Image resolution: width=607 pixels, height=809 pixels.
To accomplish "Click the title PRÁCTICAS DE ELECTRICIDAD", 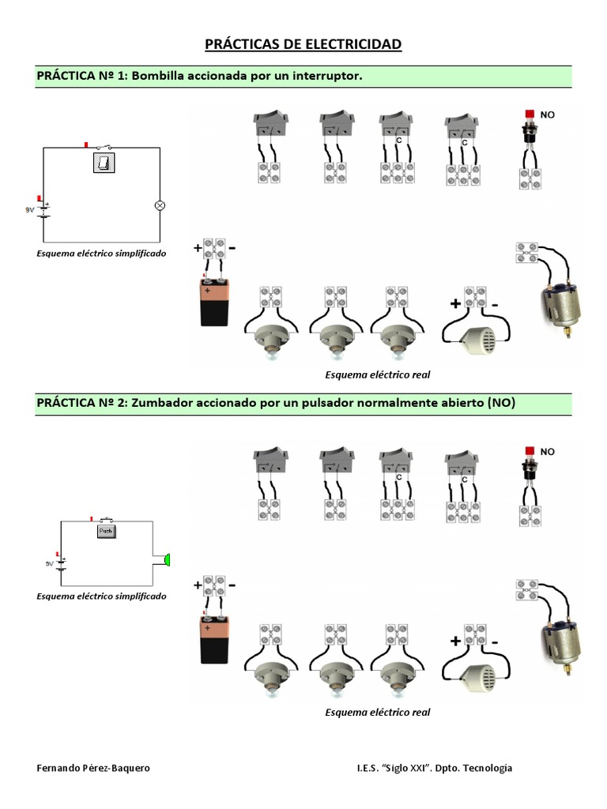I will tap(303, 43).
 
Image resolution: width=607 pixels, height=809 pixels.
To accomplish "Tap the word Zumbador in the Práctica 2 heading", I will tap(161, 402).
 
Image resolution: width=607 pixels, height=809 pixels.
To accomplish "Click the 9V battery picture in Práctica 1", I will tap(213, 301).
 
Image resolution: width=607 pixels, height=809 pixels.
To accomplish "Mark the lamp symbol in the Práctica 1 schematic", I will tap(158, 205).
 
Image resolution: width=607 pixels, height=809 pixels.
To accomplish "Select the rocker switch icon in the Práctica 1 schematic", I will tap(104, 163).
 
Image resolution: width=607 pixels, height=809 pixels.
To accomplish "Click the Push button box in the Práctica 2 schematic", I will tap(107, 532).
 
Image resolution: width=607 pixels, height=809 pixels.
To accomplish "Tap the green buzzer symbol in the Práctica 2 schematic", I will tap(167, 560).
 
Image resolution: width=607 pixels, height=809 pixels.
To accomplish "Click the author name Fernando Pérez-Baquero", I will tap(93, 768).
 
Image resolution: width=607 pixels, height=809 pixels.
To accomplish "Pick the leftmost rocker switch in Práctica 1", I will tap(270, 124).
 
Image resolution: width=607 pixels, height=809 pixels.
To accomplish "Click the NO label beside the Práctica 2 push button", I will tap(548, 451).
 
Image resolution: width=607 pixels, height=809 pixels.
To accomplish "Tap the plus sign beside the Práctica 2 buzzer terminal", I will tap(456, 641).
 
